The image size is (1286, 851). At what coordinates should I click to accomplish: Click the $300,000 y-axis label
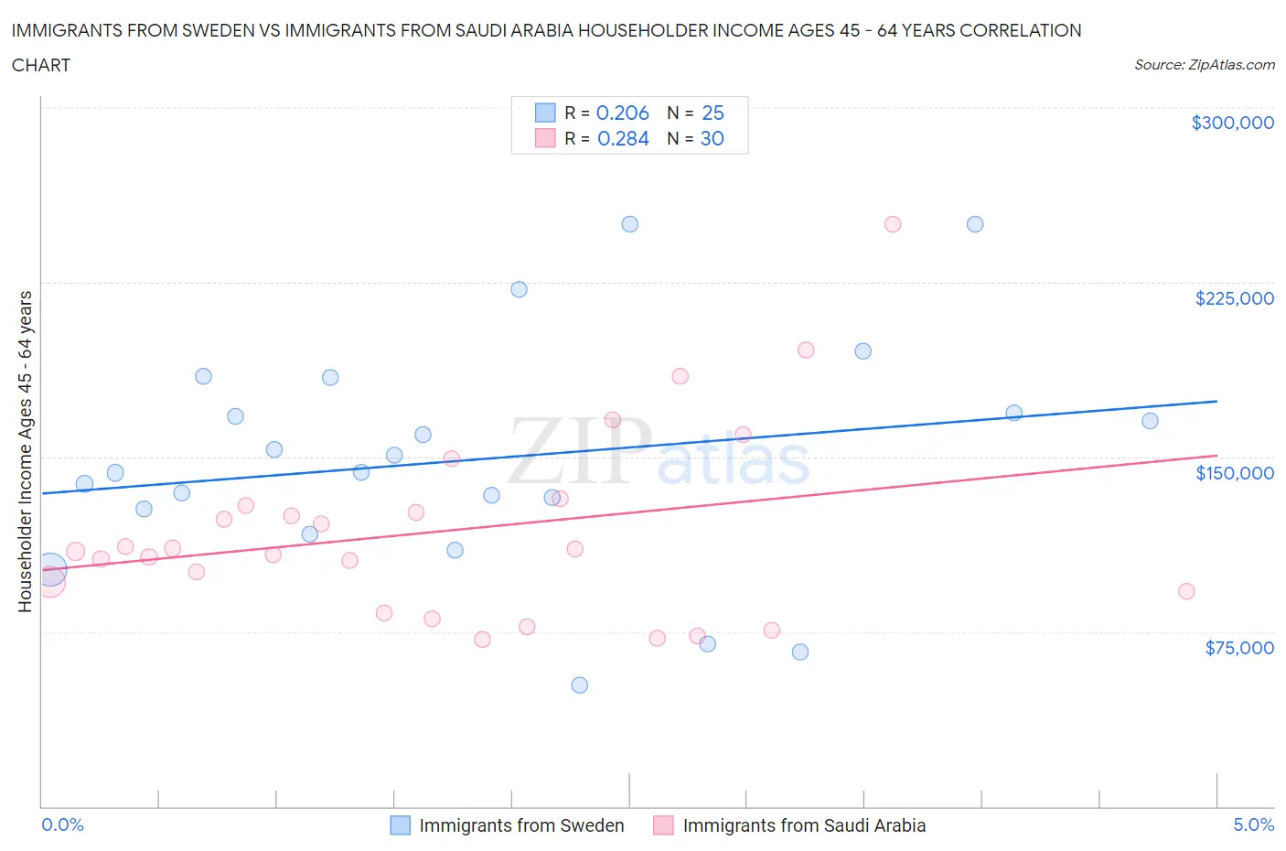(1232, 123)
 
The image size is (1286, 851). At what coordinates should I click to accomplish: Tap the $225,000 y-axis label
(1234, 298)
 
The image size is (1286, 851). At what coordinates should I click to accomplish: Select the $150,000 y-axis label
(1234, 473)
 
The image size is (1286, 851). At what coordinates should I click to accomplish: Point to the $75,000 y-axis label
(1238, 648)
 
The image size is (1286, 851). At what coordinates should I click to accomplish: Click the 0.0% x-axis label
(62, 824)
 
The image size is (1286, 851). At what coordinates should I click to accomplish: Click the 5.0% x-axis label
(1253, 824)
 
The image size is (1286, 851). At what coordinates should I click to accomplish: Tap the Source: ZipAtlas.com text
(1204, 65)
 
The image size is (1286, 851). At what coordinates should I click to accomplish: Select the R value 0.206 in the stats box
(622, 113)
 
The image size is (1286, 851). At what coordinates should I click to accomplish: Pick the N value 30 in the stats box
(712, 138)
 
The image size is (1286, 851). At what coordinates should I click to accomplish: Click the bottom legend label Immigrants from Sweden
(521, 825)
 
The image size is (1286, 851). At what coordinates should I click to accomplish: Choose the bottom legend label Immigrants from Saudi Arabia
(804, 825)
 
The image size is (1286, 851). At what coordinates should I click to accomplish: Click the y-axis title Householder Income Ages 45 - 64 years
(25, 451)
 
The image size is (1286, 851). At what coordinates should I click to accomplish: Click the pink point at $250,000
(893, 224)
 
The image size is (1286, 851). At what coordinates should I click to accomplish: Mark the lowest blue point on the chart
(579, 685)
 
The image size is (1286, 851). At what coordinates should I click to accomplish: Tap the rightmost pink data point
(1186, 591)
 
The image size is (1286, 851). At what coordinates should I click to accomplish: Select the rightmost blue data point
(1150, 421)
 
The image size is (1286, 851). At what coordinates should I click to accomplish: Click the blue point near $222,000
(519, 289)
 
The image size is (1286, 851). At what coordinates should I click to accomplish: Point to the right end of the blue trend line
(1216, 401)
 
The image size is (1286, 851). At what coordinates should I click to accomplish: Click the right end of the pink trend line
(1216, 455)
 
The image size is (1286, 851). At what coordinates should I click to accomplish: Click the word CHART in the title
(41, 65)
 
